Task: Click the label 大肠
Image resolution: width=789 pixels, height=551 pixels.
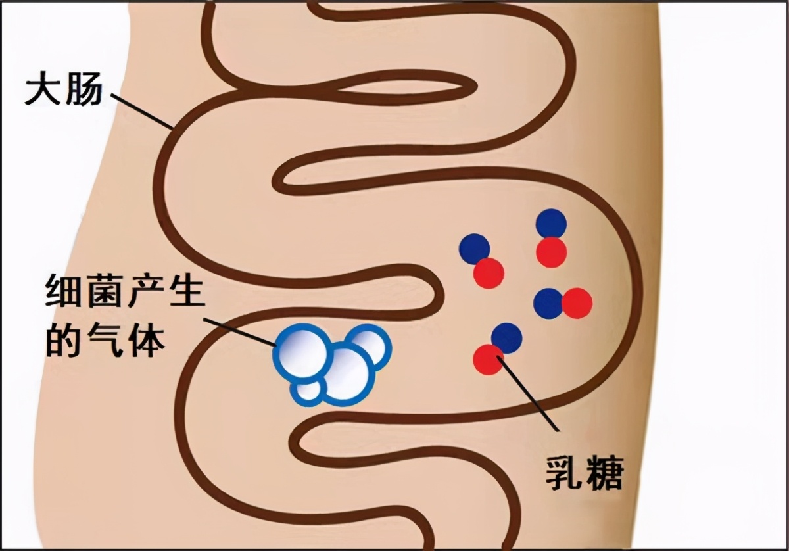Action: (63, 91)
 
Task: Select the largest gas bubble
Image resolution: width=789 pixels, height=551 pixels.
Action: (347, 372)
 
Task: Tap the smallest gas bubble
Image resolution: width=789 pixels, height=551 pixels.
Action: (307, 389)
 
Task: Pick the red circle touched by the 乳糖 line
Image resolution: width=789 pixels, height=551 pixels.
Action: (489, 359)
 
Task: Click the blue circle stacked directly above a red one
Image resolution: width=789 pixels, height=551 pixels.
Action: (551, 224)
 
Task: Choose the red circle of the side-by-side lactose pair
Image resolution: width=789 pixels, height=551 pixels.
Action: (577, 304)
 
